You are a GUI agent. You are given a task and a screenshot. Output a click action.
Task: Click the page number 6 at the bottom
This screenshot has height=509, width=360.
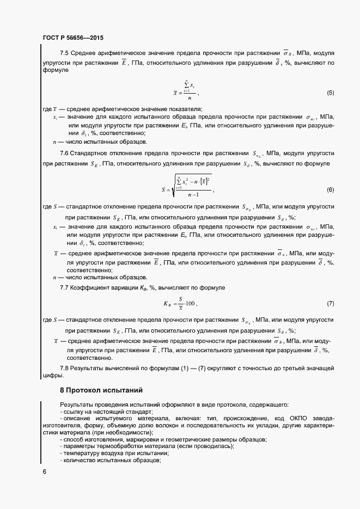[x=44, y=472]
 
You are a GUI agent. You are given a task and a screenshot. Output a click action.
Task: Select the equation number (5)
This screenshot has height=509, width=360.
[x=330, y=93]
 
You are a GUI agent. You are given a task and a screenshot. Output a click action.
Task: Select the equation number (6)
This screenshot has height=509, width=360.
[x=330, y=190]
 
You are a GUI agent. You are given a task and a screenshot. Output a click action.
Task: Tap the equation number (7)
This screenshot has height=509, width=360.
[x=330, y=303]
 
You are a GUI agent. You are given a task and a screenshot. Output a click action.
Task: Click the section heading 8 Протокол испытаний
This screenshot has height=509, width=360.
[x=101, y=390]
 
